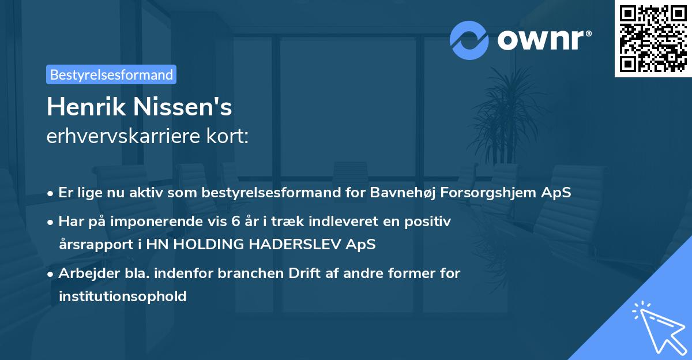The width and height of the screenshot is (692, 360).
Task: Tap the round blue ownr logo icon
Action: coord(469,40)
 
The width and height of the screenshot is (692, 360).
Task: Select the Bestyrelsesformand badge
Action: coord(111,74)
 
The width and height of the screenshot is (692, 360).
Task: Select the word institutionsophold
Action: coord(122,297)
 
